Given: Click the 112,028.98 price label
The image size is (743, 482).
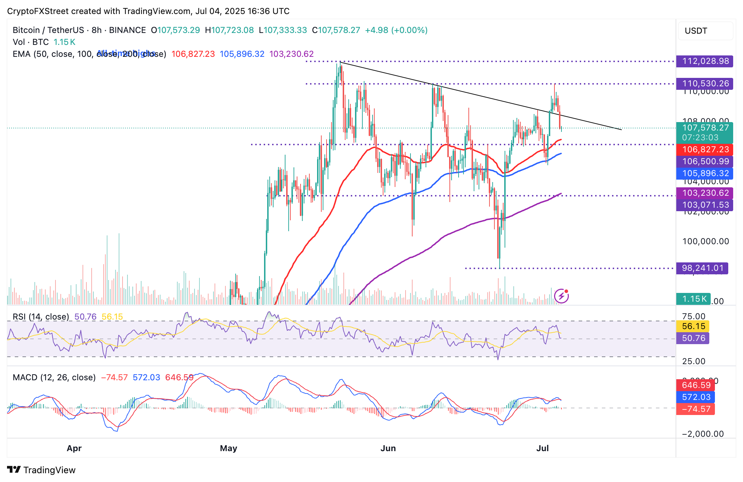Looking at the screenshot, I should (705, 61).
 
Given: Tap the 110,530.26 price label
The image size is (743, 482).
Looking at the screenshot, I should (705, 84).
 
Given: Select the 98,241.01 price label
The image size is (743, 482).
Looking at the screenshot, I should (702, 268).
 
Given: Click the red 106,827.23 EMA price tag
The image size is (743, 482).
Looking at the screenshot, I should (705, 150).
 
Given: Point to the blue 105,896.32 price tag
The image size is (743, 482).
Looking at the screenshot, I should (705, 174).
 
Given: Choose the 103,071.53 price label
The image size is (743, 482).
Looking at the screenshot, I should (705, 205).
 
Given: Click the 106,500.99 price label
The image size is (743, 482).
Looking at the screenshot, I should (705, 162).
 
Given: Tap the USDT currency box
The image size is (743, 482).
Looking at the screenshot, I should (705, 31).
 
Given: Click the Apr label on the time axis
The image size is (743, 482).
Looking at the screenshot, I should (74, 448).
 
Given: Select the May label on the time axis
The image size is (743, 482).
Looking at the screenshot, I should (229, 448).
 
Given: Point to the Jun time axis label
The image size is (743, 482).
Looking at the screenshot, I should (388, 448).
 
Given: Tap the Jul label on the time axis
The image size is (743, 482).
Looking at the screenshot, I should (543, 448).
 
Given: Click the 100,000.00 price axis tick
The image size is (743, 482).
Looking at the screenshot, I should (705, 241).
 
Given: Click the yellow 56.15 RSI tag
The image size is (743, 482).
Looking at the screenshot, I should (693, 327).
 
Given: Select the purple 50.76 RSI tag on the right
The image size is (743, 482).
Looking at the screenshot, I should (693, 339).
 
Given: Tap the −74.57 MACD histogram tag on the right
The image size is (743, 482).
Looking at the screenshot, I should (696, 409).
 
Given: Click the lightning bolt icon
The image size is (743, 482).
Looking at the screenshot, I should (561, 296).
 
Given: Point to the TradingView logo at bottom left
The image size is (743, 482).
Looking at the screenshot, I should (41, 470).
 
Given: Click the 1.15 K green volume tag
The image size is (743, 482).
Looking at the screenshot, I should (693, 299).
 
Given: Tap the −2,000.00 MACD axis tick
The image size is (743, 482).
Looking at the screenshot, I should (703, 434).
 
